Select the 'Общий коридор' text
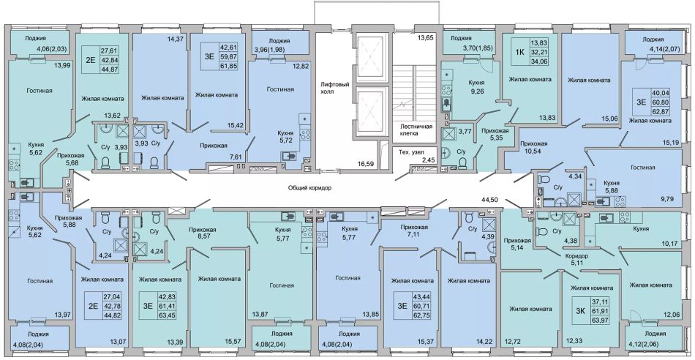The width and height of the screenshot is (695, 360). (310, 188)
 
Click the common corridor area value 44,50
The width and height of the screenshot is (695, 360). (491, 200)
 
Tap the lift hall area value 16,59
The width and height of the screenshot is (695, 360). (366, 164)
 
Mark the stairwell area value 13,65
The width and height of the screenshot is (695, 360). (426, 39)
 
